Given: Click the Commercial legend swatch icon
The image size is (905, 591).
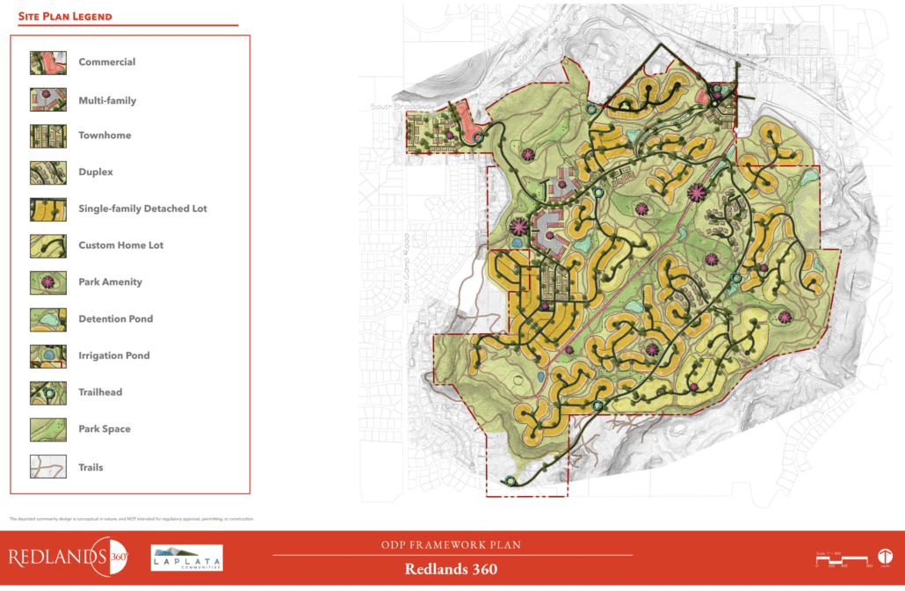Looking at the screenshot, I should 48,62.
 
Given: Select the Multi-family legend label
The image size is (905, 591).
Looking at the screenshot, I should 107,100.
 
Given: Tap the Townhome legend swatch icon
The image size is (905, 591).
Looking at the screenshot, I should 48,135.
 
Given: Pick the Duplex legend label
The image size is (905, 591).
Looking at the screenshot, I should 96,172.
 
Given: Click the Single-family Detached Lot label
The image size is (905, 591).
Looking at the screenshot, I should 142,209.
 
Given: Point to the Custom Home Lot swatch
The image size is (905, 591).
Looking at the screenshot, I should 48,245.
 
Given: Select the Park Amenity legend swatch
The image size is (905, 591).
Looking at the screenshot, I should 48,282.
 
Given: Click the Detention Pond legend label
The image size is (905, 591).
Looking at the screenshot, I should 115,319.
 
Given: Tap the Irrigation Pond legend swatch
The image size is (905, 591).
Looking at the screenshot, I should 48,355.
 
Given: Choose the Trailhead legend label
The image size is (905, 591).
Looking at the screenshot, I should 100,392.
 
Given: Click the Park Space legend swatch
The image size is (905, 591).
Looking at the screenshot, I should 48,429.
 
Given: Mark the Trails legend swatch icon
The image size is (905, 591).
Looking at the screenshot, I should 48,467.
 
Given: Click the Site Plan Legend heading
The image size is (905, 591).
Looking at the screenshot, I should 65,17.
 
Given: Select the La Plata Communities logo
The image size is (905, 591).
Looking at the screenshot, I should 187,558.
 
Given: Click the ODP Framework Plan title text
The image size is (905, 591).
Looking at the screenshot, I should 452,545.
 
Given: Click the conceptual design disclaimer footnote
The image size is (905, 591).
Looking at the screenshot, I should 132,519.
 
